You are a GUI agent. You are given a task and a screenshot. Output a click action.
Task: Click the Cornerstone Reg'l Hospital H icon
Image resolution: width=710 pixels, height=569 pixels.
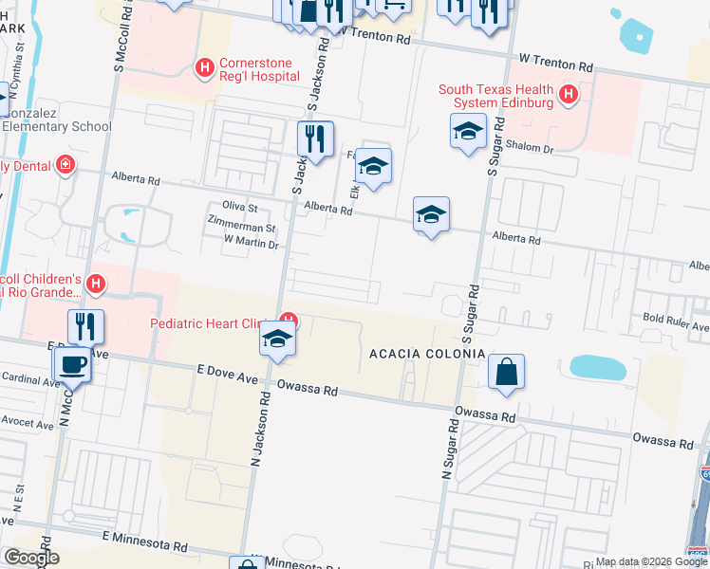click(203, 68)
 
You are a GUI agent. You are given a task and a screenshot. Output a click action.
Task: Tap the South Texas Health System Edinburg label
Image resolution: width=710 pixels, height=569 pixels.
click(495, 96)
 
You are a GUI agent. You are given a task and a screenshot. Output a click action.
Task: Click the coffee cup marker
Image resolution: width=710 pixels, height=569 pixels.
click(73, 363)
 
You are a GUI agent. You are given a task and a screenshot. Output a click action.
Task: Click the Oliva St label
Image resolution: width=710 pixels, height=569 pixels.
click(239, 206)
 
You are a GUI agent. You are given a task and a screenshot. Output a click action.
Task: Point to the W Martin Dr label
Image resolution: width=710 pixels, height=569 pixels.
click(251, 244)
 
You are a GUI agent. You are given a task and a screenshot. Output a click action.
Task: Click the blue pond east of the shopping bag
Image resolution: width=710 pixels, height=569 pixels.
click(598, 367)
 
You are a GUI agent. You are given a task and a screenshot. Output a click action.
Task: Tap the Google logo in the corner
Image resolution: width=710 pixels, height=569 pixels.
click(31, 558)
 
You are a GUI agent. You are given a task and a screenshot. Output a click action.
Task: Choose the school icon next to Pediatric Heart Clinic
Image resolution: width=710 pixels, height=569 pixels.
click(276, 340)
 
